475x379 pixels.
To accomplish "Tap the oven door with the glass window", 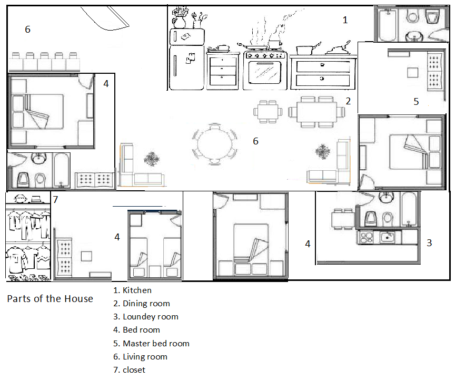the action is click(x=265, y=72).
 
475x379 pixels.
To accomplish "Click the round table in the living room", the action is click(x=214, y=144).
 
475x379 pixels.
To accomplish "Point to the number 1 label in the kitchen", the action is click(x=345, y=20).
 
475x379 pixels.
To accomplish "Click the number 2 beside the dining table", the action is click(x=348, y=101).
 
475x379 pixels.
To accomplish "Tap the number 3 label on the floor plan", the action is click(x=429, y=243).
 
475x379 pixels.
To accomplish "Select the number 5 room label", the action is click(x=416, y=102).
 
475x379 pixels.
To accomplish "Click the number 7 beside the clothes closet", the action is click(x=55, y=199).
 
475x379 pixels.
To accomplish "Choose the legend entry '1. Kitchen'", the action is click(x=132, y=290).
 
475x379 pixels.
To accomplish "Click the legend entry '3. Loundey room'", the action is click(x=146, y=317).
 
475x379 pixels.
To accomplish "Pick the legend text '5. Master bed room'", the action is click(x=151, y=343).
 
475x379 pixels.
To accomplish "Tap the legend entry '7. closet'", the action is click(x=129, y=370).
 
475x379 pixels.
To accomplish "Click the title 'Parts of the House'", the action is click(x=50, y=299).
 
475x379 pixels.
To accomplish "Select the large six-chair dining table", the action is click(x=316, y=112).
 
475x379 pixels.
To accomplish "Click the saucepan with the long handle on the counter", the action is click(x=308, y=49).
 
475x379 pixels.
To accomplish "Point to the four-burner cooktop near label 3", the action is click(x=366, y=237).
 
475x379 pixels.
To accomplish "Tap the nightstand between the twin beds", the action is click(x=155, y=271).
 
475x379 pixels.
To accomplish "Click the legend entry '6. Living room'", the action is click(x=140, y=356).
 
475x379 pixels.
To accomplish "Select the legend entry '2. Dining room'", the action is click(x=142, y=304).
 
